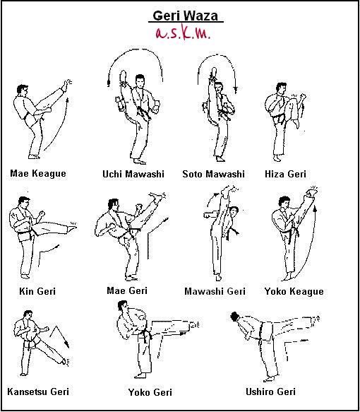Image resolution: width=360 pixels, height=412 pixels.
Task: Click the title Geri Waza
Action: pyautogui.click(x=185, y=16)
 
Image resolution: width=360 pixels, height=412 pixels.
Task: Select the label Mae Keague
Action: pyautogui.click(x=38, y=174)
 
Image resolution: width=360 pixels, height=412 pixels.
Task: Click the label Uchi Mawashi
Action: pyautogui.click(x=133, y=174)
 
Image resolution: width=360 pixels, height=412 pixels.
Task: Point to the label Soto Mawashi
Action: pyautogui.click(x=214, y=174)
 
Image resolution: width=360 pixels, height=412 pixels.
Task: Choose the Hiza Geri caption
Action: pyautogui.click(x=285, y=174)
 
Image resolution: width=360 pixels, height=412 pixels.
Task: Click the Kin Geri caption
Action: pyautogui.click(x=37, y=291)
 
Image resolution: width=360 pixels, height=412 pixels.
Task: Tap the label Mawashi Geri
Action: pyautogui.click(x=215, y=291)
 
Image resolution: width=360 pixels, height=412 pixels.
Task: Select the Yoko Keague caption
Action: pyautogui.click(x=294, y=292)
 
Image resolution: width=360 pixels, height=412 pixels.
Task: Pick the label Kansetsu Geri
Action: pyautogui.click(x=38, y=392)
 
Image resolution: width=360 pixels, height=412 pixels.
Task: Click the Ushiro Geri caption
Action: pyautogui.click(x=270, y=392)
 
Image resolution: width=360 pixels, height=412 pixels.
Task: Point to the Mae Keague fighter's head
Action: pyautogui.click(x=23, y=90)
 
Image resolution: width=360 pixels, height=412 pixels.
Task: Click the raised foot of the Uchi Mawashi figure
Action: pyautogui.click(x=123, y=77)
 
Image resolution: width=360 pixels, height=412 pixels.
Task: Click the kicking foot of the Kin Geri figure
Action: pyautogui.click(x=72, y=228)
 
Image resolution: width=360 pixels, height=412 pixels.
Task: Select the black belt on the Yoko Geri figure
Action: pyautogui.click(x=146, y=334)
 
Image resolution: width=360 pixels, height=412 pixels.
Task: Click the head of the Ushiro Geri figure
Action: pyautogui.click(x=234, y=317)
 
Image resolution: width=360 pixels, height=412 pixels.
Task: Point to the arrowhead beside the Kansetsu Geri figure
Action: pyautogui.click(x=67, y=344)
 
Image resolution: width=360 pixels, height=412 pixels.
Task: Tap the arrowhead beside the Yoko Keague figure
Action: pyautogui.click(x=315, y=208)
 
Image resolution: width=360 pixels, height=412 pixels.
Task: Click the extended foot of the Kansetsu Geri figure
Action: pyautogui.click(x=64, y=362)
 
